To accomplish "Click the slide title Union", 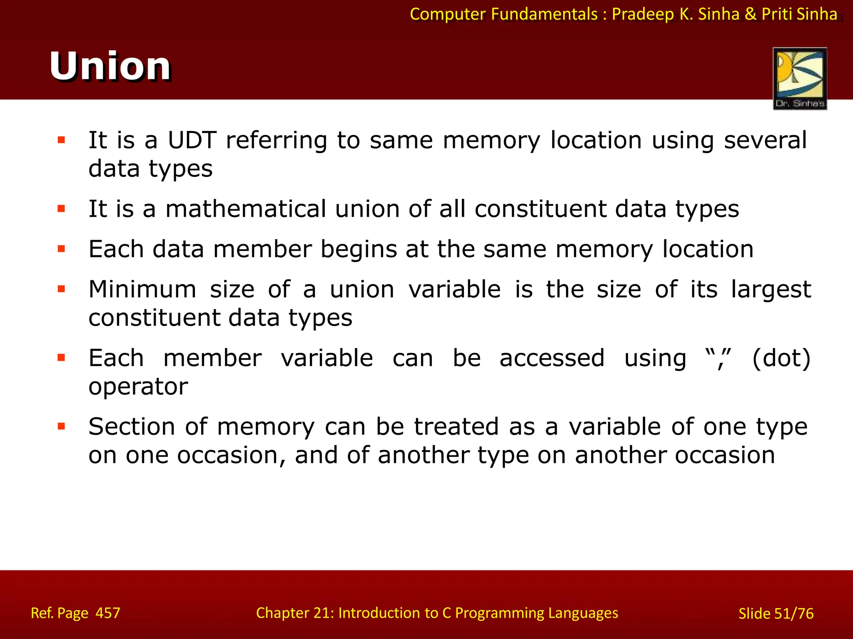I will [110, 67].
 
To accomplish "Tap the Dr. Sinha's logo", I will [800, 79].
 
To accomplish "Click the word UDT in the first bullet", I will [192, 140].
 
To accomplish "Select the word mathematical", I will [246, 209].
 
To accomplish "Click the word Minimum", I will [142, 290].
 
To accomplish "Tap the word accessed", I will [552, 358].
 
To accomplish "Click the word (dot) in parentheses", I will [782, 358].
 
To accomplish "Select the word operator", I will [138, 387].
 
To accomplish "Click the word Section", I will [132, 427].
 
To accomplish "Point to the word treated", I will [456, 427].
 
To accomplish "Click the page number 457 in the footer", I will [108, 613].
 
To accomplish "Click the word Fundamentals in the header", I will [544, 14].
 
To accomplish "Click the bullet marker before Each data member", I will [62, 249].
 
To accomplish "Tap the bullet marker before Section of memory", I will [62, 426].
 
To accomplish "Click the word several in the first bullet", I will [766, 140].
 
